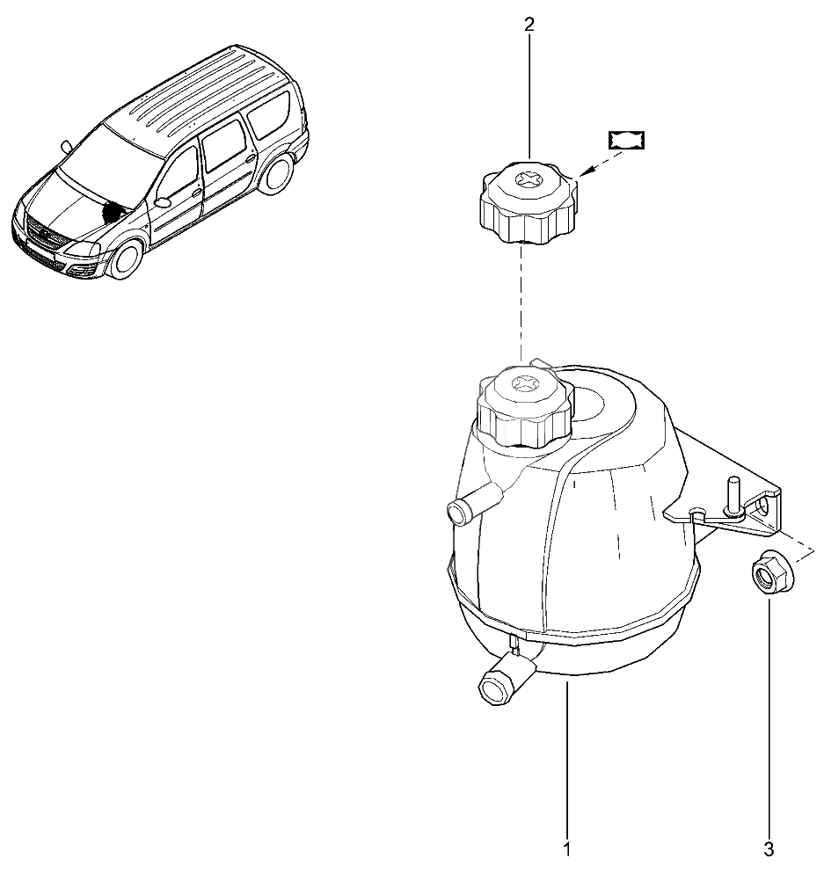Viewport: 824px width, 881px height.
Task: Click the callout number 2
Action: coord(529,25)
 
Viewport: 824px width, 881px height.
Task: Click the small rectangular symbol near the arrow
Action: coord(626,140)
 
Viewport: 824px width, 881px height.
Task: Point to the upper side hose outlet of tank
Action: coord(474,504)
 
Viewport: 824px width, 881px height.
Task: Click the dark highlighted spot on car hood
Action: coord(113,211)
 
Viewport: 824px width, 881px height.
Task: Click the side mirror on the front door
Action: coord(163,201)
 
